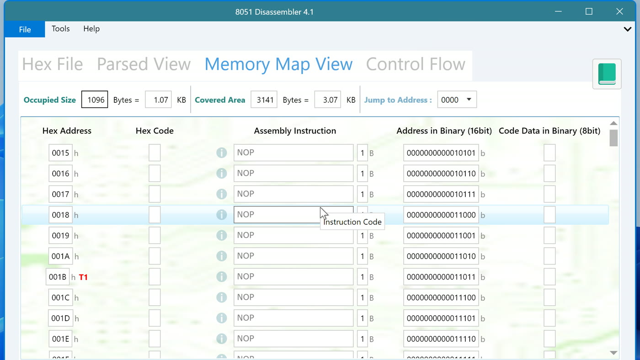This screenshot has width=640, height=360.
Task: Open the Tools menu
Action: tap(60, 29)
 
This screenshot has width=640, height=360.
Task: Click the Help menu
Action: tap(91, 29)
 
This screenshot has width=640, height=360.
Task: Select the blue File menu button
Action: tap(25, 29)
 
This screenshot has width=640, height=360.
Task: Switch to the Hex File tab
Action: tap(53, 64)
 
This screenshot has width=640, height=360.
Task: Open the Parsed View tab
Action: tap(144, 64)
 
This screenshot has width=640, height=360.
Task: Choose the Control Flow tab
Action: tap(416, 64)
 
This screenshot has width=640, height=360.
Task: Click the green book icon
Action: tap(607, 74)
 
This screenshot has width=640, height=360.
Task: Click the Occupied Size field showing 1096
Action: tap(95, 99)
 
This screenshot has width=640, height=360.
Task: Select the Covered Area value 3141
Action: tap(264, 99)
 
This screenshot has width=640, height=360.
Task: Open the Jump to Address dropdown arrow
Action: tap(469, 99)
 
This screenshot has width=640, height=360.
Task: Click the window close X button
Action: tap(619, 11)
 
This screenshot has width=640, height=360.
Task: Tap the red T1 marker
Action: tap(83, 277)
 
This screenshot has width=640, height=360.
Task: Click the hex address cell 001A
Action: tap(60, 256)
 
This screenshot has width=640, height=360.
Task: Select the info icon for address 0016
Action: tap(221, 173)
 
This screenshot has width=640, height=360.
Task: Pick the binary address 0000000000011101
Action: tap(441, 318)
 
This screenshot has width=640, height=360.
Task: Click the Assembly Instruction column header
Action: tap(295, 131)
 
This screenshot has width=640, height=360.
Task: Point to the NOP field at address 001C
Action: tap(293, 297)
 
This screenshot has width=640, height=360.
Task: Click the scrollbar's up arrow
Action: tap(613, 123)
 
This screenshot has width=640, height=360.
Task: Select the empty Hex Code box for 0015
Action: tap(155, 153)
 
